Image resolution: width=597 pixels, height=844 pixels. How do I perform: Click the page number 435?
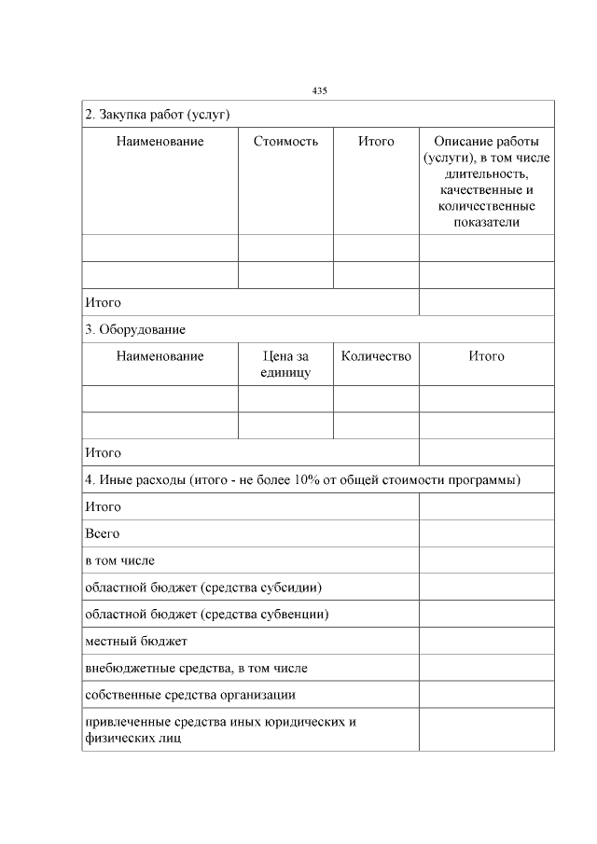click(319, 90)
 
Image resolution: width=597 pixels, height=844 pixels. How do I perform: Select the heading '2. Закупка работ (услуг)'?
click(157, 115)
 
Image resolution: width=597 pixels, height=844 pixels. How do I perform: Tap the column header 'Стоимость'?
click(285, 142)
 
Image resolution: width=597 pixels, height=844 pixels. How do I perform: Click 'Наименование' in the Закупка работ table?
click(160, 142)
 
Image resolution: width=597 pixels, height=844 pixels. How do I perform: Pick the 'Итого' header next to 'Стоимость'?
click(376, 142)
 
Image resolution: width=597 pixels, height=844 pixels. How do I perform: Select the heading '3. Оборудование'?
click(134, 330)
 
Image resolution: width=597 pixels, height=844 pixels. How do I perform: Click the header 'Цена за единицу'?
click(285, 365)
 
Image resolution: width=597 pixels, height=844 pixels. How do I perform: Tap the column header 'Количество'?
click(376, 356)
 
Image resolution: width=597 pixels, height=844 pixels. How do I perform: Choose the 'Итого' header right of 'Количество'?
click(486, 356)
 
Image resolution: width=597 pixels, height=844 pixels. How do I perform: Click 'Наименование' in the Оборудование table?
click(160, 356)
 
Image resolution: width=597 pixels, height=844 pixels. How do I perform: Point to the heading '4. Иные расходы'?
click(302, 479)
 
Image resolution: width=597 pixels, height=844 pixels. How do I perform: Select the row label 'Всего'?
click(102, 533)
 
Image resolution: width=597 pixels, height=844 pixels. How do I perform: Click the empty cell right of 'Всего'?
click(486, 533)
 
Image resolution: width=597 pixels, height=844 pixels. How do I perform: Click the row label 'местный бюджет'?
click(135, 642)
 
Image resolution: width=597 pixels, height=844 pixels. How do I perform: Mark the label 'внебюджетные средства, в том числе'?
click(196, 669)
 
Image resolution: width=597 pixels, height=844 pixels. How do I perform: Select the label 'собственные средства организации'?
click(190, 696)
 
